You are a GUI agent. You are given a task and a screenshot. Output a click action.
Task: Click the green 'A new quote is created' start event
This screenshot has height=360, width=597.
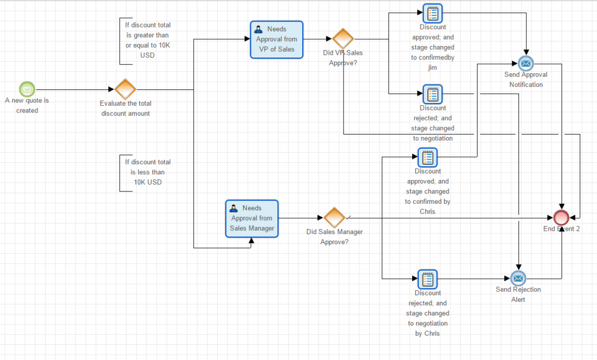(x=27, y=89)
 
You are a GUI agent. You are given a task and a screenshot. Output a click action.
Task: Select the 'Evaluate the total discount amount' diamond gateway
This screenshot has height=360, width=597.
(x=125, y=89)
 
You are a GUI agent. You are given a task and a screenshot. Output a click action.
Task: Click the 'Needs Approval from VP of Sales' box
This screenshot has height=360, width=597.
(x=277, y=39)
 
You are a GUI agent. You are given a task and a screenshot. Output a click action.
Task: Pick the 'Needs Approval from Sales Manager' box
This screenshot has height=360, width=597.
(x=252, y=218)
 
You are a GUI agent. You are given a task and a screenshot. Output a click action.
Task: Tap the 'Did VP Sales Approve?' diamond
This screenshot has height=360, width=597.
(x=343, y=39)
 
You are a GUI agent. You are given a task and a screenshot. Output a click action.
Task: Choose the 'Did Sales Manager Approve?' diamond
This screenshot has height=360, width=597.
(x=334, y=218)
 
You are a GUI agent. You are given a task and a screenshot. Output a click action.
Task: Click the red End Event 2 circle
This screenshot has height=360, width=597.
(x=561, y=217)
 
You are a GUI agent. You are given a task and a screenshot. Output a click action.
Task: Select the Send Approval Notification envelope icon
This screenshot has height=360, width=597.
(x=526, y=64)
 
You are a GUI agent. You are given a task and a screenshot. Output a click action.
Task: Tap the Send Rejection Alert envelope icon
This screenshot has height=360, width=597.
(x=518, y=278)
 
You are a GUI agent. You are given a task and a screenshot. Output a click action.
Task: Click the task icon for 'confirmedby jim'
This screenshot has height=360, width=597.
(x=433, y=13)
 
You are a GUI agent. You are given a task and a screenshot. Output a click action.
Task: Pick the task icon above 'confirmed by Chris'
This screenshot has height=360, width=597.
(x=427, y=157)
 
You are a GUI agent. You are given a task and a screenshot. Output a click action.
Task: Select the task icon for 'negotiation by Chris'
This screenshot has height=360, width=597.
(x=427, y=279)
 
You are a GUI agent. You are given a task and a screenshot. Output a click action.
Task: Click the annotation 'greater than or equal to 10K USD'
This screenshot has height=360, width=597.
(x=147, y=40)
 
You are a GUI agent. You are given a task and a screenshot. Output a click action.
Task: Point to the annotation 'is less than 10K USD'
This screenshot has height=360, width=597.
(x=147, y=172)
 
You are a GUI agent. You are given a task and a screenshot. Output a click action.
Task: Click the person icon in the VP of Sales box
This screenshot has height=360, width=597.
(x=258, y=29)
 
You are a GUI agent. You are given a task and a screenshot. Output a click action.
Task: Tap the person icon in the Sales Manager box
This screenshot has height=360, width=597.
(x=234, y=208)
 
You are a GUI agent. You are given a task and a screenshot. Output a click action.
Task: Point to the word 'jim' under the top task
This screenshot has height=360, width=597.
(x=432, y=67)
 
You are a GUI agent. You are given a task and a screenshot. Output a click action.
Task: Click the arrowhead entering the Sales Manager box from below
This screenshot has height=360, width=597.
(x=251, y=241)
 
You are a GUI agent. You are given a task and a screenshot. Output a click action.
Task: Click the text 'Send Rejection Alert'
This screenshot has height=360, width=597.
(x=518, y=295)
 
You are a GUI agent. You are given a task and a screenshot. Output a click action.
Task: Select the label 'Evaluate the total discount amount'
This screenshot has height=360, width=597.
(x=125, y=108)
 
